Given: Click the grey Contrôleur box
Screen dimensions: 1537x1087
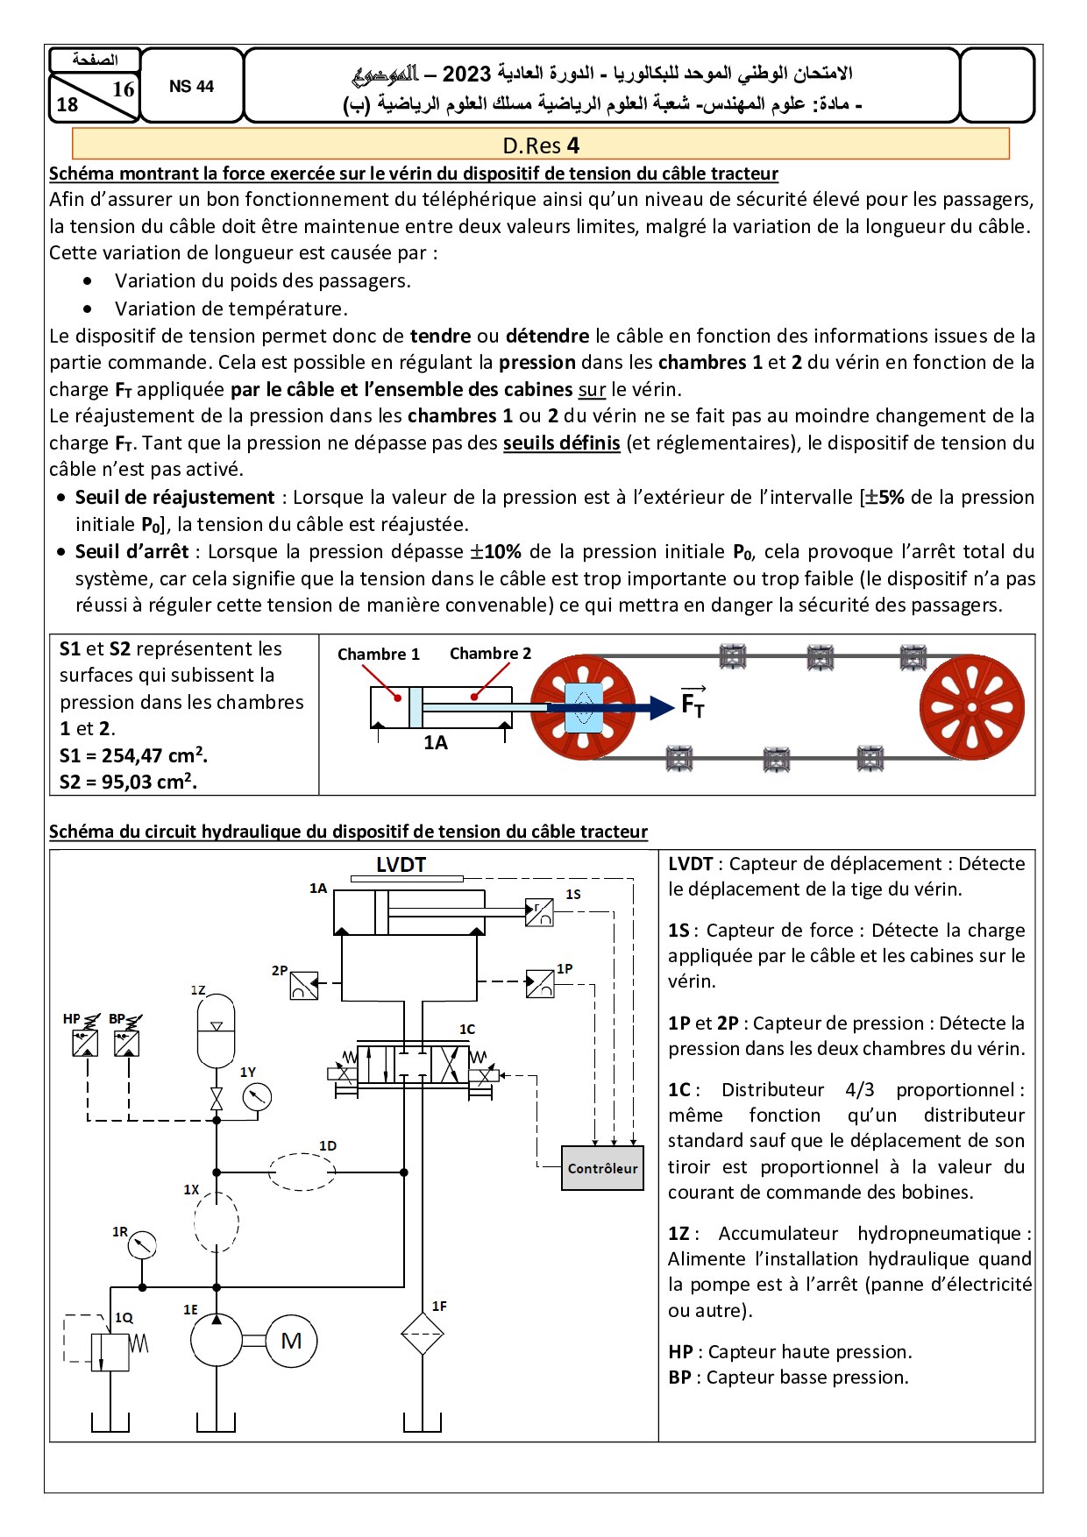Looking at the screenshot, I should click(x=602, y=1167).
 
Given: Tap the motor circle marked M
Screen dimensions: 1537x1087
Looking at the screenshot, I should click(x=291, y=1341).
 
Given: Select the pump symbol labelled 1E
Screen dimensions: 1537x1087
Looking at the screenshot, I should click(x=216, y=1341).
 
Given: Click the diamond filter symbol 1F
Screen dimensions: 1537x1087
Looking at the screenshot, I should click(x=423, y=1333).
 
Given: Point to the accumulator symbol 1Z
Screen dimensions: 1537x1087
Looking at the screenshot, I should click(x=216, y=1031).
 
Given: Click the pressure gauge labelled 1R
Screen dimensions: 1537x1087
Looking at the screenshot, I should click(x=142, y=1244).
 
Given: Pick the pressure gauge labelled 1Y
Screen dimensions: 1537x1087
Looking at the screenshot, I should click(x=257, y=1096).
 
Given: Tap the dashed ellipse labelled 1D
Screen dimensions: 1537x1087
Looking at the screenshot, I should click(x=302, y=1172).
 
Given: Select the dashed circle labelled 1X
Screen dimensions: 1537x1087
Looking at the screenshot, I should click(x=216, y=1221).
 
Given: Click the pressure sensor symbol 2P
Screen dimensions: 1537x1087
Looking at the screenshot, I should click(x=304, y=986).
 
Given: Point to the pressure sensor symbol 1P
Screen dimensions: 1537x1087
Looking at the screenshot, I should click(x=540, y=983).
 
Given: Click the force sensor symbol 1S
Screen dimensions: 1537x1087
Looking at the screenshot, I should click(x=539, y=912).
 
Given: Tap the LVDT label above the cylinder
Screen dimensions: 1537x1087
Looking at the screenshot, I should click(x=401, y=865).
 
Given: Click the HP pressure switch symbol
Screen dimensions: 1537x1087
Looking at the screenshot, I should click(x=86, y=1043).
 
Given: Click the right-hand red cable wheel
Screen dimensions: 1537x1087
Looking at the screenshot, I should click(x=971, y=707).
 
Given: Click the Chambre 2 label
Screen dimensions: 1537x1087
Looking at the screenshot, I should click(x=490, y=654).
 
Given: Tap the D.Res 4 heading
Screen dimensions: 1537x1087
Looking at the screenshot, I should click(x=541, y=145).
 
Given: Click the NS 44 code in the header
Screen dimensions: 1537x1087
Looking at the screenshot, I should click(x=191, y=86).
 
